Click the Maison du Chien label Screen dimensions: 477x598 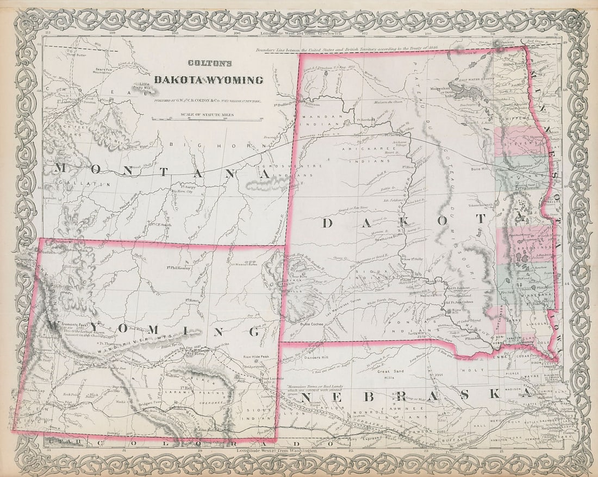point(389,102)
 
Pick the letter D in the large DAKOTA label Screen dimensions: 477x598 point(328,223)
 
